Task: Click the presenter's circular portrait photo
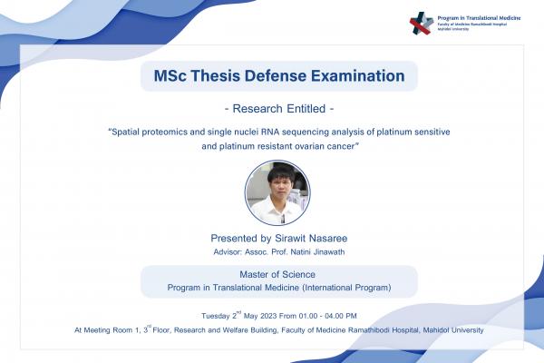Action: tap(277, 192)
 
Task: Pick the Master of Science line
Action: tap(278, 275)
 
